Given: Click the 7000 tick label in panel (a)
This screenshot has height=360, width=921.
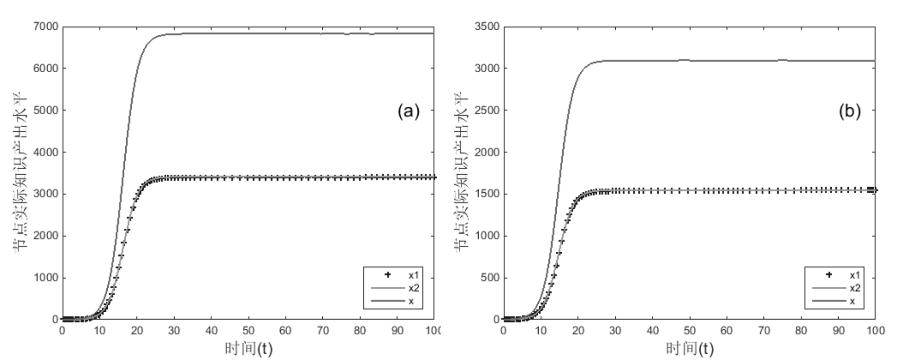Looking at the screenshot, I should pyautogui.click(x=46, y=26).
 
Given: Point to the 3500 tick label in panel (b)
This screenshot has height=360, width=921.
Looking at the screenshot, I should pyautogui.click(x=487, y=26).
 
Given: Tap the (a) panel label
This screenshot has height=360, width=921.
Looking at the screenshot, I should pyautogui.click(x=408, y=111).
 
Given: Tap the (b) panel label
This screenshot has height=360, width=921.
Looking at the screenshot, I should pyautogui.click(x=849, y=111).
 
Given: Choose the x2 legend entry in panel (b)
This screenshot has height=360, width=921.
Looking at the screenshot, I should pyautogui.click(x=855, y=288).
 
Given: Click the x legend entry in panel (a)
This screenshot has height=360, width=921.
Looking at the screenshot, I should pyautogui.click(x=411, y=301).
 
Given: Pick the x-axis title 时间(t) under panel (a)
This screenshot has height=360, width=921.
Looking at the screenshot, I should pyautogui.click(x=248, y=348).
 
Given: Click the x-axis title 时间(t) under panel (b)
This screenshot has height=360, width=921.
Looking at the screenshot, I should pyautogui.click(x=689, y=348).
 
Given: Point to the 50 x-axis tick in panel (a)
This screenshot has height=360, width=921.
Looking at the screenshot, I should pyautogui.click(x=248, y=331).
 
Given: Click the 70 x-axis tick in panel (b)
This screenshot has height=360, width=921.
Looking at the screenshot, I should pyautogui.click(x=764, y=331).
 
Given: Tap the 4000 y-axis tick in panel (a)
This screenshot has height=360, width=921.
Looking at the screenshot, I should pyautogui.click(x=46, y=152).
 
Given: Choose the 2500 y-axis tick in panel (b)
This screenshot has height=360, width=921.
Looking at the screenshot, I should pyautogui.click(x=487, y=110).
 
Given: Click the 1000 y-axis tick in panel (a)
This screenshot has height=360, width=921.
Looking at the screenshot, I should pyautogui.click(x=46, y=278).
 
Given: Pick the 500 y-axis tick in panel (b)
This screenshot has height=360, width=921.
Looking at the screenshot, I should pyautogui.click(x=490, y=278).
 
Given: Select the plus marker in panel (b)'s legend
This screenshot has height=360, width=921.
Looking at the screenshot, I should pyautogui.click(x=829, y=275).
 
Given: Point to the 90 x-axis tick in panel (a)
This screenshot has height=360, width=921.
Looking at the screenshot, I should pyautogui.click(x=397, y=331).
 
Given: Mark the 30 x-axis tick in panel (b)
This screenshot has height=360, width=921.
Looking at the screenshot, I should pyautogui.click(x=615, y=331).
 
